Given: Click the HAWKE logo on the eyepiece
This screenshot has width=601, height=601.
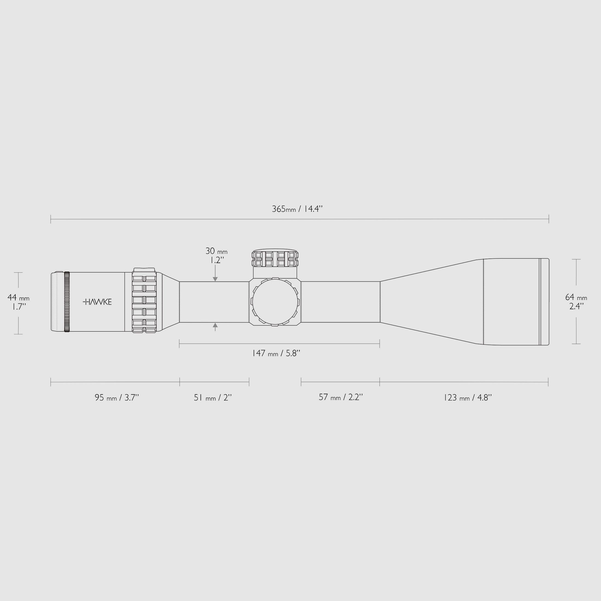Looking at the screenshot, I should (97, 302).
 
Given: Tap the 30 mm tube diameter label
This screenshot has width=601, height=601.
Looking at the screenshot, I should (216, 251).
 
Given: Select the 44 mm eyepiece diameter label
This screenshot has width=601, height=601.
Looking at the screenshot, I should (18, 298).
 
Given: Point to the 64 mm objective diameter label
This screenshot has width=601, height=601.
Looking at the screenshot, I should (576, 297).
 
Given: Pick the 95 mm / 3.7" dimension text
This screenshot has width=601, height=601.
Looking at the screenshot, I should (117, 397).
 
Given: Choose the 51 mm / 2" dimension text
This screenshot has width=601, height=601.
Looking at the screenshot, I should (213, 397).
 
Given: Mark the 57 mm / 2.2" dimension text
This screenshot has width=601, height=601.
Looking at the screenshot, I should (341, 397).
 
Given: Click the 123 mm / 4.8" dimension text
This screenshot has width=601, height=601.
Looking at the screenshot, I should (467, 397).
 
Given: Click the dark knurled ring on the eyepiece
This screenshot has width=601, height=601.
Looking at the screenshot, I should (67, 302).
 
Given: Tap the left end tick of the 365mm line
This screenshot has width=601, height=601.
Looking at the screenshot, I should (51, 219).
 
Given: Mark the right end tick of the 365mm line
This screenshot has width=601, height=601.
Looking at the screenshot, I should (549, 219).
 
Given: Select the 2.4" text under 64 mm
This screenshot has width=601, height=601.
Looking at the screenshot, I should (576, 307).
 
